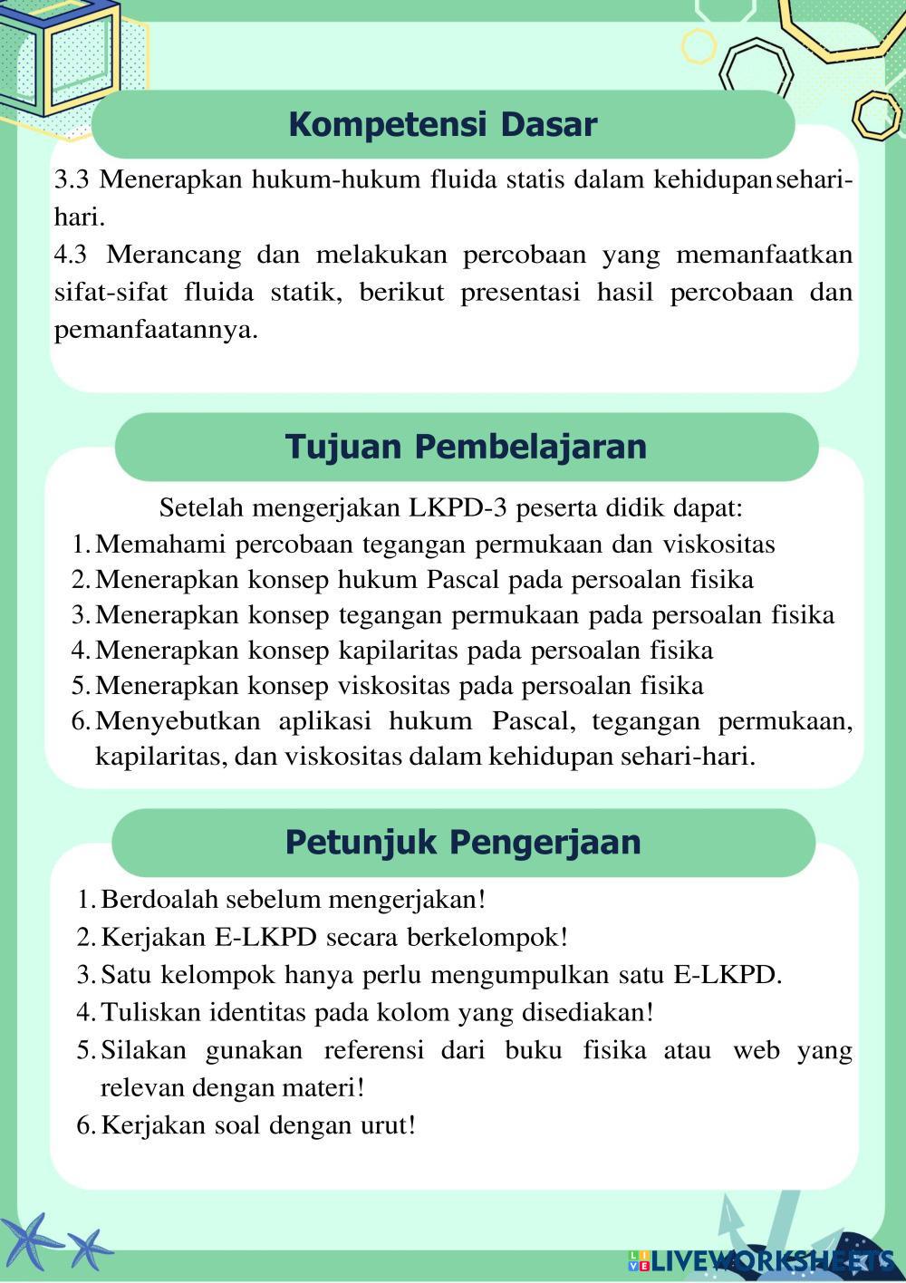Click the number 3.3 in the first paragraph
pyautogui.click(x=72, y=179)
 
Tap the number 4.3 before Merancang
pyautogui.click(x=72, y=255)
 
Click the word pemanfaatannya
pyautogui.click(x=156, y=330)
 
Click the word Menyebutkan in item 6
pyautogui.click(x=178, y=721)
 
